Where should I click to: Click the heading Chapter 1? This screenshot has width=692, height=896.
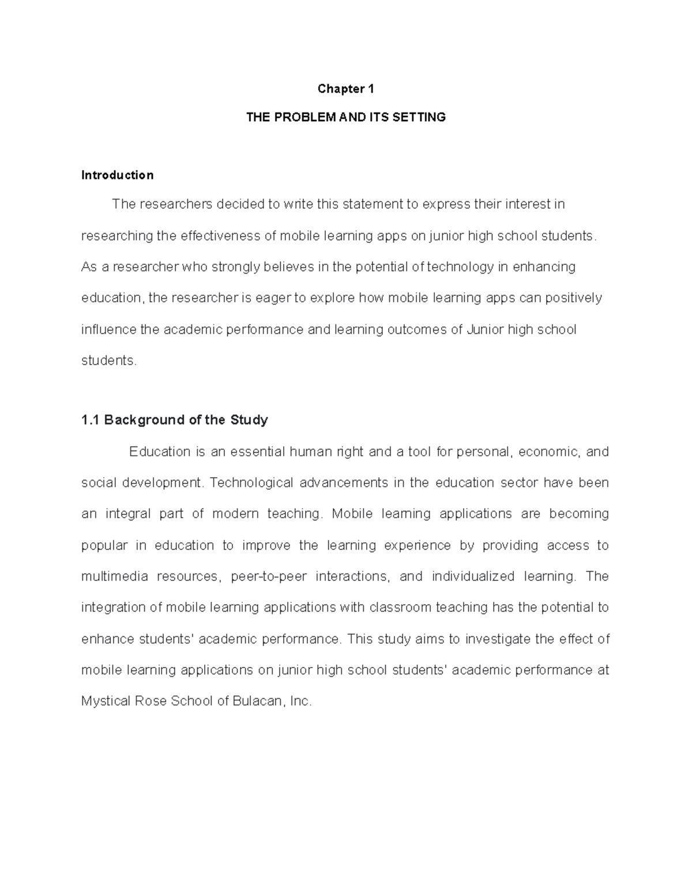coord(345,89)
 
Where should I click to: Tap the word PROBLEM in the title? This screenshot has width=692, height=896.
coord(307,118)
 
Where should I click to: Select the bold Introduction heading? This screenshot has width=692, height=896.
coord(117,175)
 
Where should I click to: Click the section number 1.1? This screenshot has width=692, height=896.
coord(91,420)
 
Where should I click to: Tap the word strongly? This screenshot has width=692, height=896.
coord(237,267)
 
